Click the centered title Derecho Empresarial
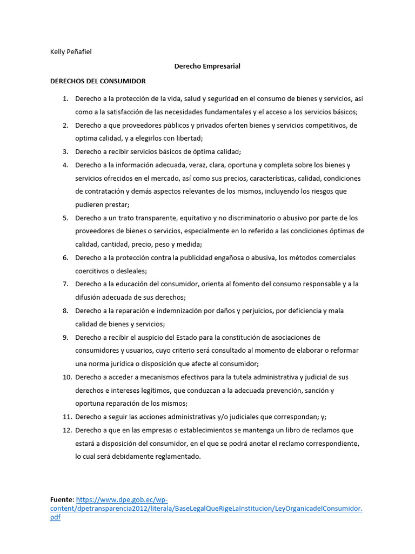207,66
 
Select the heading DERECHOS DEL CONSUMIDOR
98,81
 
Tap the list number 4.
65,165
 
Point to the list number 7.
65,284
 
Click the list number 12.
67,430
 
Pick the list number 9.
65,338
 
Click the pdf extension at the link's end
55,518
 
